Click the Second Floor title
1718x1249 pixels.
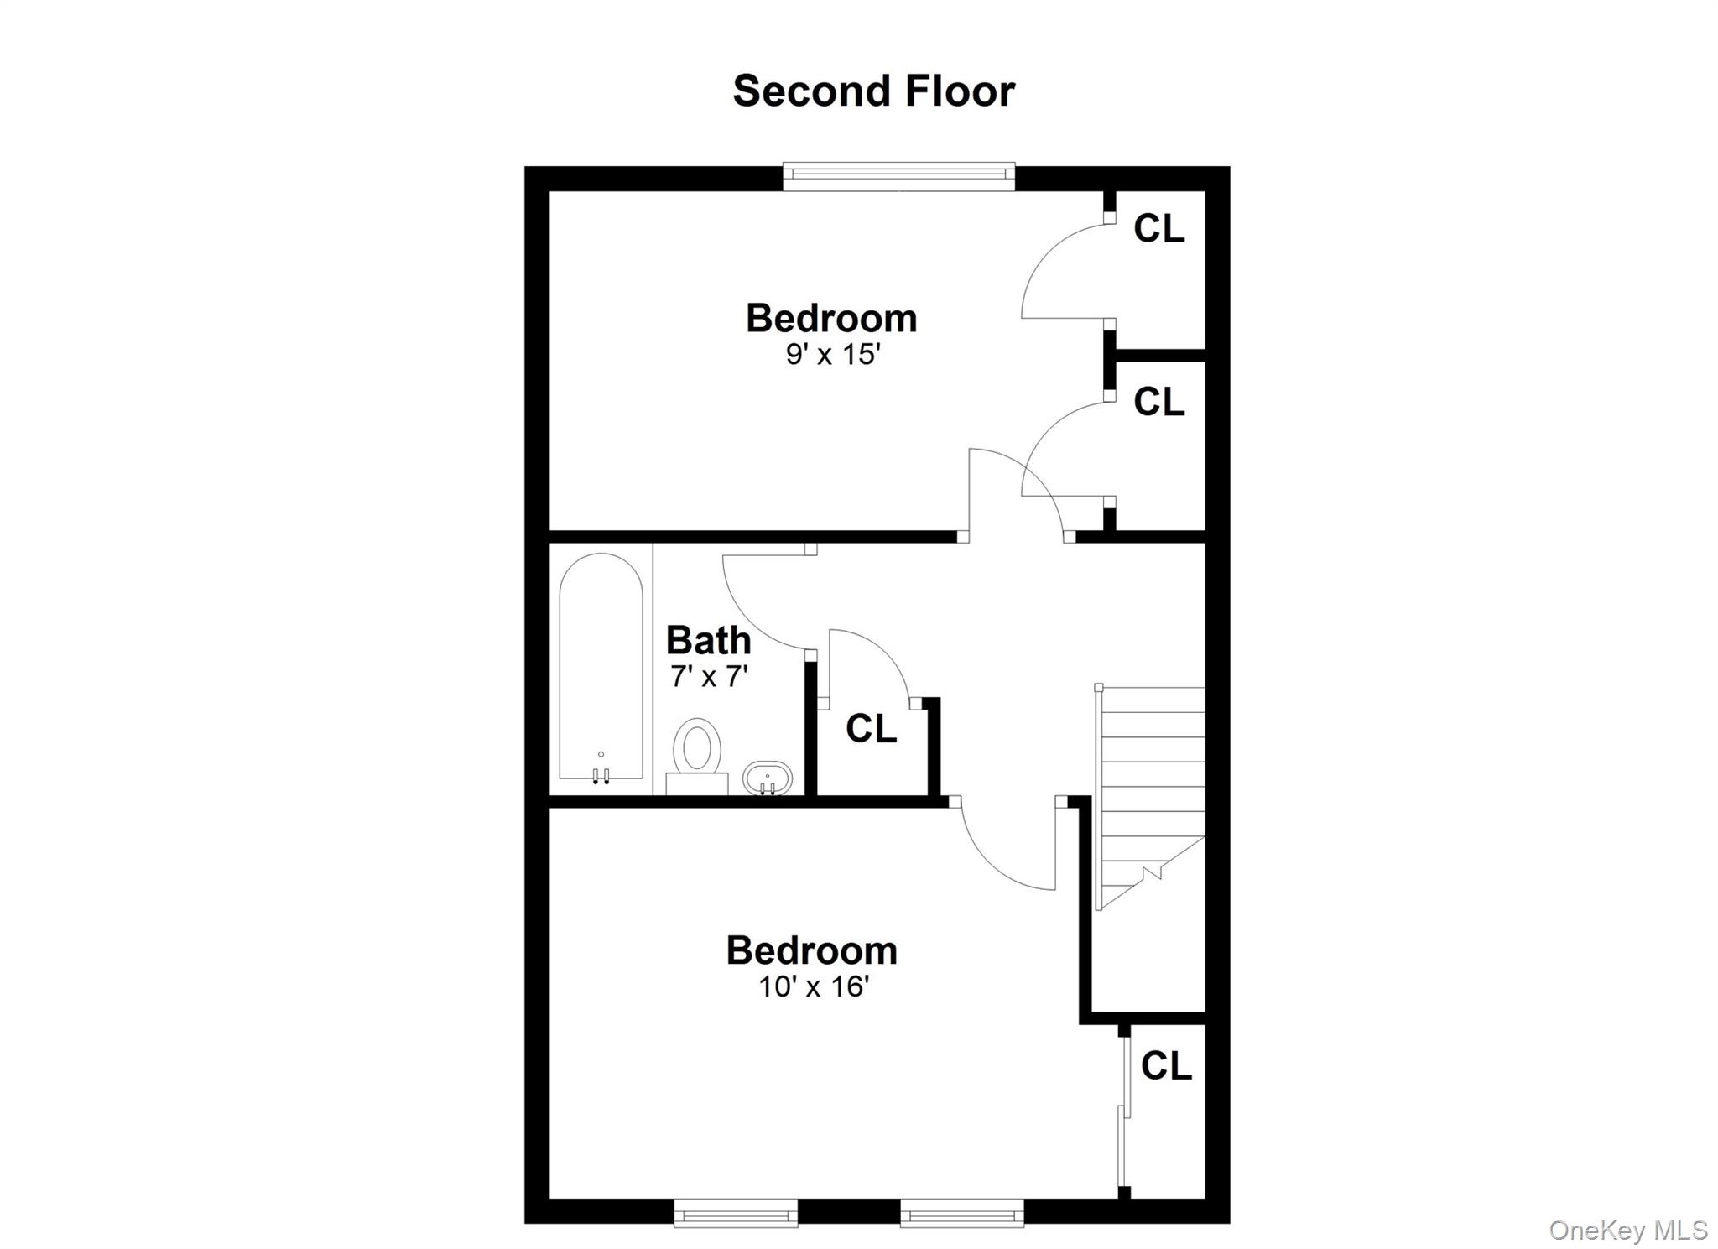click(873, 91)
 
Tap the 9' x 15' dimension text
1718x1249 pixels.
click(832, 355)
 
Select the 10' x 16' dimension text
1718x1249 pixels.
click(812, 986)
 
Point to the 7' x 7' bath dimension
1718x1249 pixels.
click(709, 676)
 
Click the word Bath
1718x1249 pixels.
click(708, 641)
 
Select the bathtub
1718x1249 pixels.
click(601, 668)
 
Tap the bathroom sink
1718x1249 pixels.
click(768, 778)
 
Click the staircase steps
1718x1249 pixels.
click(1150, 798)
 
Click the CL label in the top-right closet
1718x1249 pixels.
click(1158, 228)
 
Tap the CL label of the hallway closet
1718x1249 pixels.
click(871, 728)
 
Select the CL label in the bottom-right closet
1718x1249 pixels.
click(1166, 1066)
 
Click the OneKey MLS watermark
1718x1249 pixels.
click(1628, 1231)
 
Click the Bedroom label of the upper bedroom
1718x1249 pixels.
click(831, 319)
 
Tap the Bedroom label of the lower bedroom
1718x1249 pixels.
click(812, 950)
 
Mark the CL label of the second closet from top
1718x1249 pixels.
click(1158, 402)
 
